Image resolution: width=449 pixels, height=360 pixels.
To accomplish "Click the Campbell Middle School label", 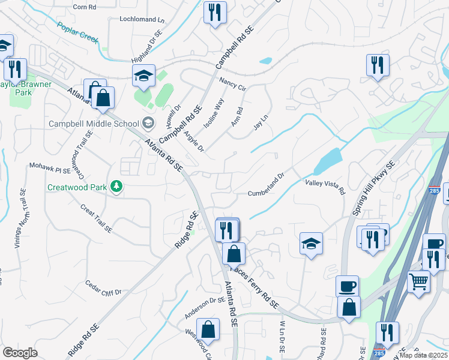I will click(x=94, y=124).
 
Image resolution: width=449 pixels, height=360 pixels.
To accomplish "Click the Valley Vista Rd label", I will click(x=325, y=187).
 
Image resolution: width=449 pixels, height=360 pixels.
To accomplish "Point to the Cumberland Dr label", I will click(x=265, y=185).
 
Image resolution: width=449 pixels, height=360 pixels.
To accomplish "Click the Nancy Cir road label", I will click(x=232, y=83).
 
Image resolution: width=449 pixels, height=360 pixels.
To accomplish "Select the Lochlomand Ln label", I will click(x=142, y=19).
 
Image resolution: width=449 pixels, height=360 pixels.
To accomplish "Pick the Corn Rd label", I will click(x=84, y=7).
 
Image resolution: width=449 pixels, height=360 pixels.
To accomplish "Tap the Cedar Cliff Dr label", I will click(x=103, y=288).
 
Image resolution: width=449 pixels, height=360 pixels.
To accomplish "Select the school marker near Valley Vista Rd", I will click(x=311, y=244).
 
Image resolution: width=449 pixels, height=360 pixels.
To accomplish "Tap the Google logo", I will click(x=20, y=353).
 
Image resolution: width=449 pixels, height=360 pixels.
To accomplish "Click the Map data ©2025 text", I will click(x=423, y=355).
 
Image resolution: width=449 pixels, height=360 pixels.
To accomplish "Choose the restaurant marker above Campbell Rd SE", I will click(x=214, y=13).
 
